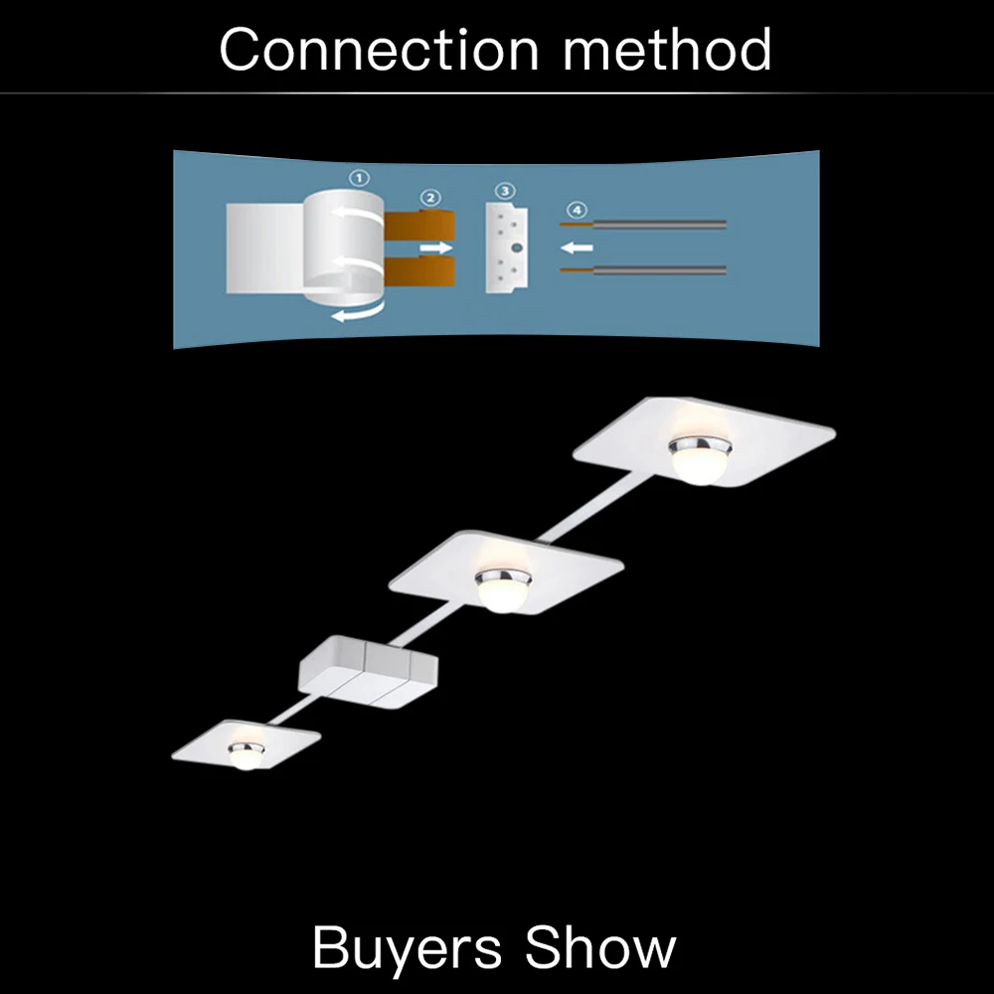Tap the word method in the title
(667, 50)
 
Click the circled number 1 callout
(360, 178)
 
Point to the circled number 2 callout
(429, 197)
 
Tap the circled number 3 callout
(505, 190)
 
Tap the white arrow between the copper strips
(433, 247)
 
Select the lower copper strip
(417, 273)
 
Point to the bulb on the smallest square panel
(246, 755)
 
